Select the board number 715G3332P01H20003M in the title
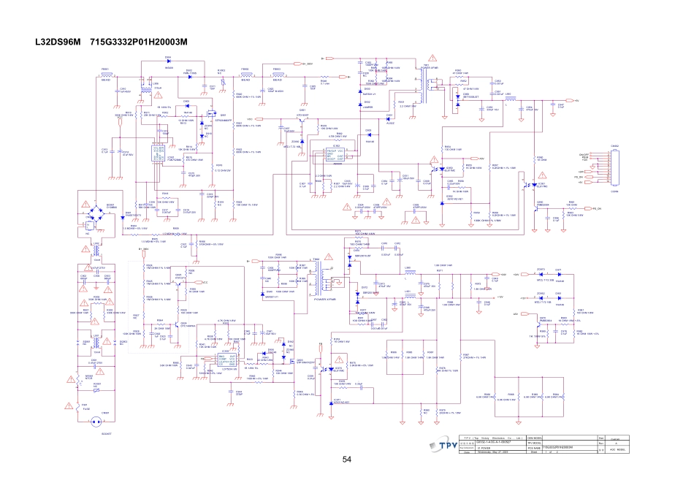[139, 42]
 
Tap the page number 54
[347, 458]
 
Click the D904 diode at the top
[168, 64]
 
